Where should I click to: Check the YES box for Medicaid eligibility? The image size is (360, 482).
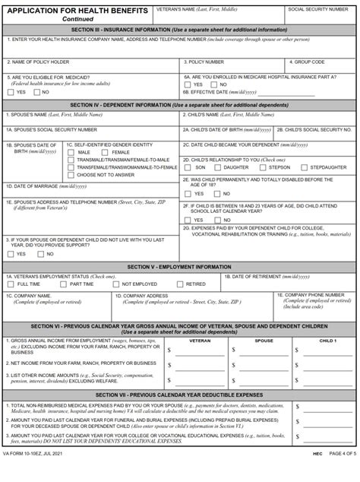pos(10,92)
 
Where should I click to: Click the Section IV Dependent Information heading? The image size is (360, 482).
pos(179,103)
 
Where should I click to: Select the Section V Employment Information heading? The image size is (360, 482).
pos(179,267)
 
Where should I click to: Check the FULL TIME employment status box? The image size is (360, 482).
pos(10,284)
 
